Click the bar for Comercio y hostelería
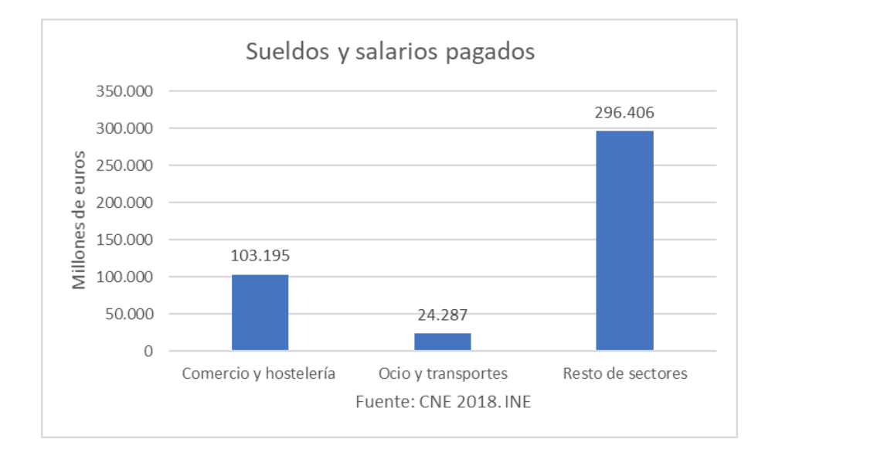260,312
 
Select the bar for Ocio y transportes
443,342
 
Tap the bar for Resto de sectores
624,240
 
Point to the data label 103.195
260,256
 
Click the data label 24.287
443,315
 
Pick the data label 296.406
624,113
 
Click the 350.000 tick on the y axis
124,91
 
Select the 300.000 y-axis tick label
124,128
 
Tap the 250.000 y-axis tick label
124,165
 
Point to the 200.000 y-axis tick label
124,202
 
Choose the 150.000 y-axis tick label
124,240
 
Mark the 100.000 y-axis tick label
124,277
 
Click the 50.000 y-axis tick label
128,314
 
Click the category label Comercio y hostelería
259,374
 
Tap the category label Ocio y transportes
443,374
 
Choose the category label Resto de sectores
625,374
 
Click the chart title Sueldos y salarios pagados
390,53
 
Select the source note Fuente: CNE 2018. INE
443,403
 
